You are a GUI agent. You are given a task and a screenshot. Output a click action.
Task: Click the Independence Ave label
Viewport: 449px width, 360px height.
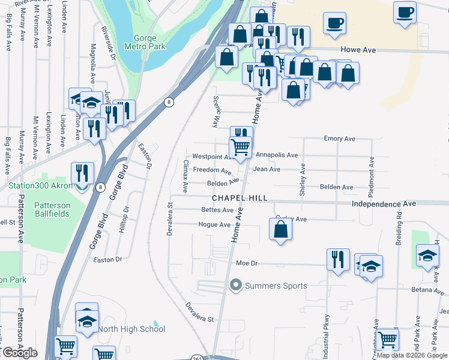click(384, 204)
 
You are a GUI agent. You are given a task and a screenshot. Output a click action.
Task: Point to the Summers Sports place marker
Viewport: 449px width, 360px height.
click(235, 286)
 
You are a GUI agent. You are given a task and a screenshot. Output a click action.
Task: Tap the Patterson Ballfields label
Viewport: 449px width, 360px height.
click(47, 209)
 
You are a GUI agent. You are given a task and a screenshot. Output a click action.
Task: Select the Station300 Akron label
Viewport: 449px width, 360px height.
click(40, 185)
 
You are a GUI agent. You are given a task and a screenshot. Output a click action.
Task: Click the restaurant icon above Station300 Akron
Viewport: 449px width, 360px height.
click(82, 172)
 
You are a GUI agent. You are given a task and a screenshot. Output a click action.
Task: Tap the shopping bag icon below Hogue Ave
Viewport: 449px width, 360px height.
click(280, 229)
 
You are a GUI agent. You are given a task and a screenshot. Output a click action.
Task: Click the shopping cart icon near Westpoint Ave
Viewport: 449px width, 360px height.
click(240, 146)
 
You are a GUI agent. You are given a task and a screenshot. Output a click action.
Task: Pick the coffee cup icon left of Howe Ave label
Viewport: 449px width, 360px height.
click(335, 23)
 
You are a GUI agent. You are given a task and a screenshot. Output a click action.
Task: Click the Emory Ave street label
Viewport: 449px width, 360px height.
click(340, 139)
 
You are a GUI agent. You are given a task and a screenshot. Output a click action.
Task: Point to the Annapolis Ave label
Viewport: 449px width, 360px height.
click(276, 155)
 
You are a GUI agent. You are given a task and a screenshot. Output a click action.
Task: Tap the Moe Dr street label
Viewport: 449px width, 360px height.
click(247, 263)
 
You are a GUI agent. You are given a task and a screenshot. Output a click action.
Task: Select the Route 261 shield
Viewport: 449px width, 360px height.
click(214, 358)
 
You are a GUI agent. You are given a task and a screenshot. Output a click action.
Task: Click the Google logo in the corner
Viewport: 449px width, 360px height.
click(19, 353)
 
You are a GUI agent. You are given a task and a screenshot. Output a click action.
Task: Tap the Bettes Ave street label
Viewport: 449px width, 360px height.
click(218, 210)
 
